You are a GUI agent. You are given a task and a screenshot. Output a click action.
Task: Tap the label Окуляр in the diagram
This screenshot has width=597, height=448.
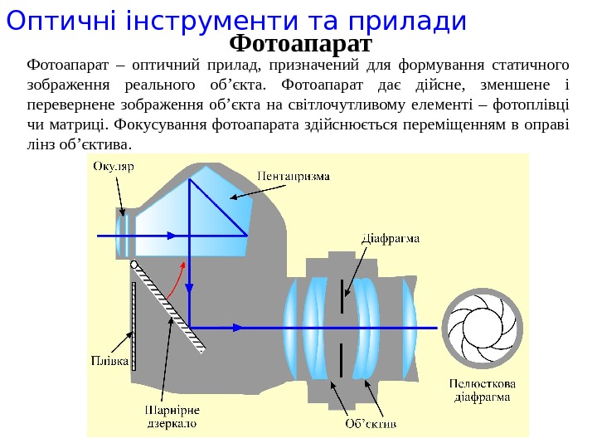(x=113, y=166)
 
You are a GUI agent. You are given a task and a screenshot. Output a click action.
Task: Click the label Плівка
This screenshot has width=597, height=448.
(x=109, y=361)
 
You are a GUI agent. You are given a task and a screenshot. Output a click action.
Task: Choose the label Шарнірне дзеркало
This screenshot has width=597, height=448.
(x=172, y=416)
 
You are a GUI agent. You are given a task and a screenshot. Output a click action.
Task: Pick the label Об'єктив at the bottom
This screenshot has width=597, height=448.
(x=371, y=424)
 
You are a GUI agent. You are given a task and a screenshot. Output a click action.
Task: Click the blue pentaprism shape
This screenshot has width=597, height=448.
(x=199, y=207)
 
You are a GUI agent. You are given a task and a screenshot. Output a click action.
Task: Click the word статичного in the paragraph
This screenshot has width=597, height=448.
(x=531, y=64)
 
